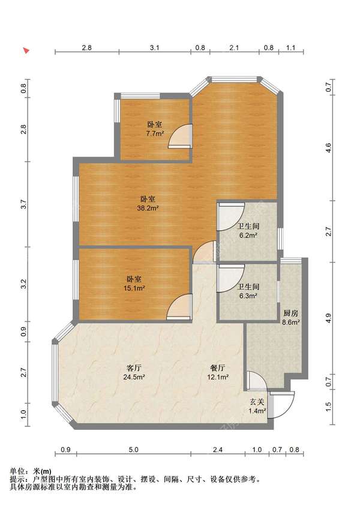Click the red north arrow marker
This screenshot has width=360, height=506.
click(26, 50)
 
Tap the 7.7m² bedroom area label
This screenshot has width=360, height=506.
click(155, 129)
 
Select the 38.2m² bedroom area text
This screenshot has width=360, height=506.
click(148, 203)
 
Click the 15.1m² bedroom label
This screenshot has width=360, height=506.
click(134, 284)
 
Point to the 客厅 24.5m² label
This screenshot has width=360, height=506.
click(134, 372)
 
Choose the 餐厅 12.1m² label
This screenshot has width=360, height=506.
click(218, 372)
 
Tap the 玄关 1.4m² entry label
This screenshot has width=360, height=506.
click(257, 406)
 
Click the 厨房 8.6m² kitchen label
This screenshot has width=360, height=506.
click(290, 317)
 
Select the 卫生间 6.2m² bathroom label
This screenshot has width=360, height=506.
click(248, 231)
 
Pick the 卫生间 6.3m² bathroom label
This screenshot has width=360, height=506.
click(248, 291)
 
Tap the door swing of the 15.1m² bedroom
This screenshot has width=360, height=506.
click(179, 307)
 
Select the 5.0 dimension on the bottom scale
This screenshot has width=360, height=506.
click(133, 450)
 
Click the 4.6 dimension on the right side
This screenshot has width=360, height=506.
click(329, 148)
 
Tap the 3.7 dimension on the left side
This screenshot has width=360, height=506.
click(23, 204)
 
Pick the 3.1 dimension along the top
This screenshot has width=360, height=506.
click(155, 48)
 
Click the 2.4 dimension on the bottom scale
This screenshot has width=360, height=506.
click(218, 450)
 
